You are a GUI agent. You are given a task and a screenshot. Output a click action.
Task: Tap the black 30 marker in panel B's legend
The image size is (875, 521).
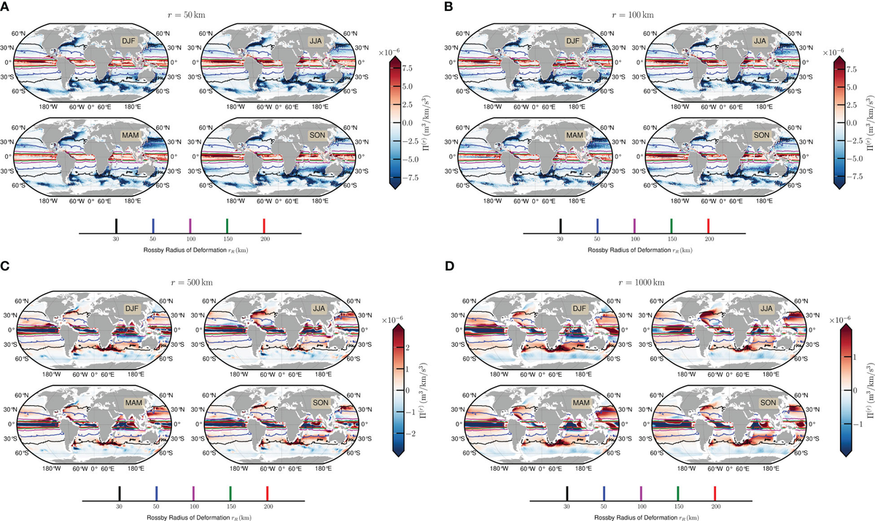560,224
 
